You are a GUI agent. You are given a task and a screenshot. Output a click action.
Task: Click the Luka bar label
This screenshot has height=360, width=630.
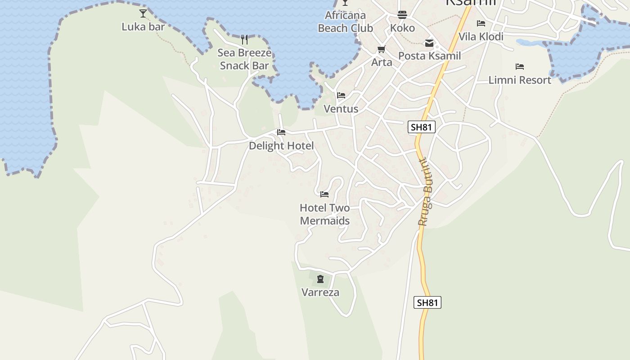(143, 27)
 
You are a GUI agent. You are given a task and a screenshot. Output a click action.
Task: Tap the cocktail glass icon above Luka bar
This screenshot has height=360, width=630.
(143, 13)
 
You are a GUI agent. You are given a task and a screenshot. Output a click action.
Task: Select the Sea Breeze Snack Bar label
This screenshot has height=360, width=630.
(244, 59)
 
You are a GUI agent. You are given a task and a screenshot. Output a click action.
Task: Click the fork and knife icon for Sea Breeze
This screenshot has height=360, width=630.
(244, 39)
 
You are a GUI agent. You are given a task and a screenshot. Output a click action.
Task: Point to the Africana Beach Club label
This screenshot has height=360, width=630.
(345, 22)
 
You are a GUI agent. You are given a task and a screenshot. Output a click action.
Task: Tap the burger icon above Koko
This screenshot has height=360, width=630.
(402, 15)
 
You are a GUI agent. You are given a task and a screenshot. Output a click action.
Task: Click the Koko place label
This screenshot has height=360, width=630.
(402, 28)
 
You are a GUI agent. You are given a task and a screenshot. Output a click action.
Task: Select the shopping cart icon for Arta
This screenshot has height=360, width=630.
(382, 49)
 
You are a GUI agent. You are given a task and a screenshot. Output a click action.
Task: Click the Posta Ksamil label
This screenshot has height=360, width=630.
(429, 56)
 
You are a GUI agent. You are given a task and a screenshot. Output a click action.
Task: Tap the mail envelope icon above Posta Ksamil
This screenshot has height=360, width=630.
(429, 43)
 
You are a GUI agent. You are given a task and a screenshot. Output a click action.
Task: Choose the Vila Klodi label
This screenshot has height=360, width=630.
(481, 36)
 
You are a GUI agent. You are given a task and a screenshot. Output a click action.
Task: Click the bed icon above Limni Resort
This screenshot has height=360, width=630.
(520, 67)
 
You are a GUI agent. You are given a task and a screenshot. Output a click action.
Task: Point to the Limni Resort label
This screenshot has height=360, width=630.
(520, 80)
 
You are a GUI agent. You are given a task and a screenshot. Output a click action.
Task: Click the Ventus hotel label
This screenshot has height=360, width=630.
(341, 109)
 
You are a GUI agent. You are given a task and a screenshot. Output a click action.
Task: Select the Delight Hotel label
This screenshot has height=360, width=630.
(281, 146)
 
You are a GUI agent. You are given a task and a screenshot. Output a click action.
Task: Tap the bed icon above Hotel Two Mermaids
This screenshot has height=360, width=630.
(324, 194)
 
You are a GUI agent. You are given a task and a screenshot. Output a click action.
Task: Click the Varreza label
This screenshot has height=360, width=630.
(320, 292)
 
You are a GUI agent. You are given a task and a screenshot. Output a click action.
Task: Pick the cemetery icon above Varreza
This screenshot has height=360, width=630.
(320, 279)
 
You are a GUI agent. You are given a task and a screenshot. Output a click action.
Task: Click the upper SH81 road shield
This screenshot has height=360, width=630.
(422, 127)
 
